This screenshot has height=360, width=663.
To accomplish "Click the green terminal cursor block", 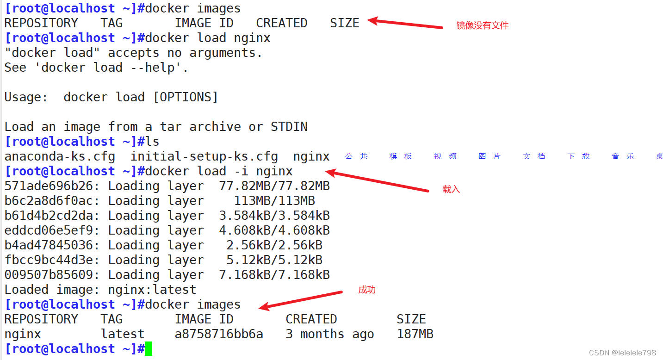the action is (148, 349).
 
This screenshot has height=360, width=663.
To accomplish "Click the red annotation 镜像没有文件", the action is (482, 26).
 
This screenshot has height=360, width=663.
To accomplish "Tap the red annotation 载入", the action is (451, 189).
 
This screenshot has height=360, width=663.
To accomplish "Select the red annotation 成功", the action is (367, 290).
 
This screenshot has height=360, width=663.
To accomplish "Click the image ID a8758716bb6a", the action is (219, 334).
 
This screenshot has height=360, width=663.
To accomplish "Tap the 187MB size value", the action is (415, 334).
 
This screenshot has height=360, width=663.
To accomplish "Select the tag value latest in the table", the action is (123, 334).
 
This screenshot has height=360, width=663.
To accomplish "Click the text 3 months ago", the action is (330, 334).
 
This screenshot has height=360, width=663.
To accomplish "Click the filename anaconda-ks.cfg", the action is (60, 156).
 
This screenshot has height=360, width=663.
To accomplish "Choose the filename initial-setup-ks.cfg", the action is (204, 156).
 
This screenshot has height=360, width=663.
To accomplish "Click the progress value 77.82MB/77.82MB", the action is (274, 186).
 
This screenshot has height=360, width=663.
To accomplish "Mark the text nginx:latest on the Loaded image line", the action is (152, 290).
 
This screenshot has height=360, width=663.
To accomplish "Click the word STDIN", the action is (289, 127).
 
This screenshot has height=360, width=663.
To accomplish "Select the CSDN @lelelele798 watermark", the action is (623, 353).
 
